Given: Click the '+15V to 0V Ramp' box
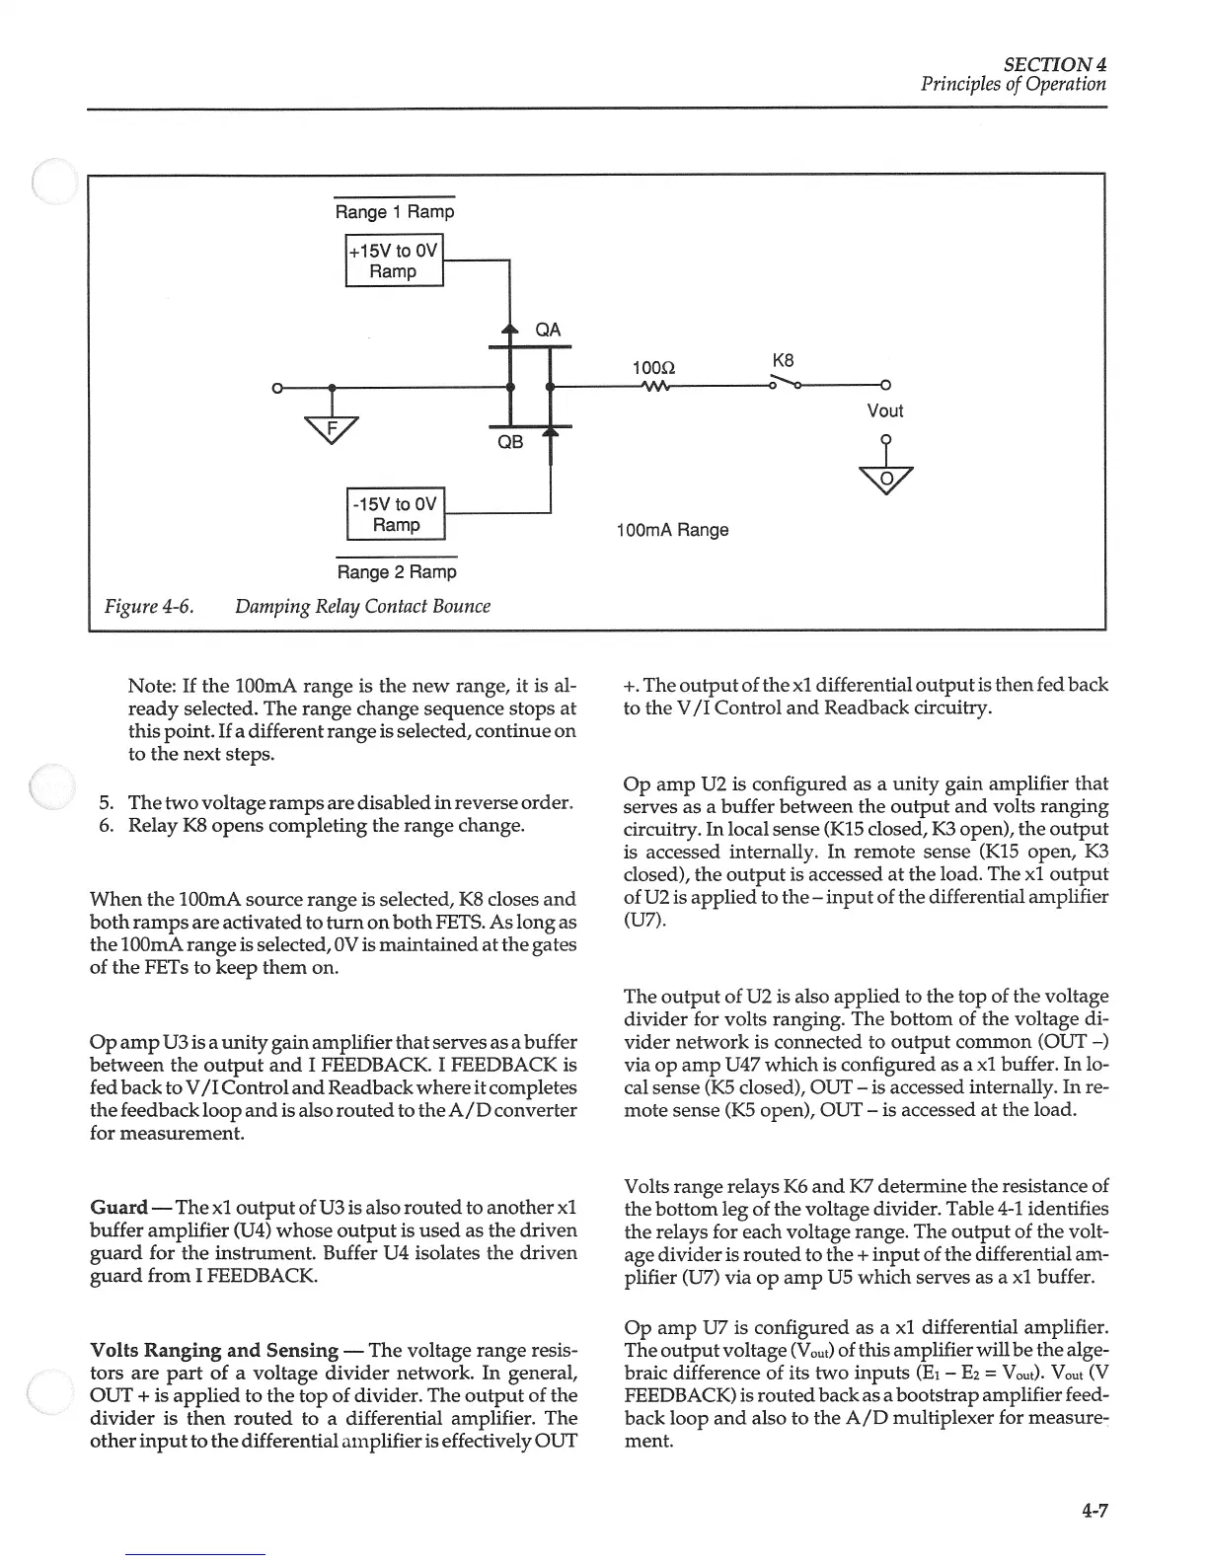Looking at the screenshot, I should coord(394,261).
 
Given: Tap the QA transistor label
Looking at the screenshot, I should coord(548,330).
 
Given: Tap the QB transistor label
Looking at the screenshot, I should coord(509,442).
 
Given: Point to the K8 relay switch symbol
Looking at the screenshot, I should coord(784,382).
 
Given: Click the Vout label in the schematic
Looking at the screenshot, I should coord(884,410).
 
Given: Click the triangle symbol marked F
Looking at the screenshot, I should coord(333,429).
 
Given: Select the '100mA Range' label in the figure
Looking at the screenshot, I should coord(671,530).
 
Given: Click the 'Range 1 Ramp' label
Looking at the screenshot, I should coord(395,212).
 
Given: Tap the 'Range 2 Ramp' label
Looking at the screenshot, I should coord(397,572).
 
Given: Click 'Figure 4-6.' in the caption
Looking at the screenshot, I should coord(148,606).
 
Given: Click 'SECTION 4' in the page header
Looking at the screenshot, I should coord(1055,63).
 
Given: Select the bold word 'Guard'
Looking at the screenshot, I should coord(118,1208).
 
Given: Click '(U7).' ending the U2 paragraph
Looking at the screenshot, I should coord(645,920).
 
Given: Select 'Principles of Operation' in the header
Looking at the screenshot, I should coord(1014,84).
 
